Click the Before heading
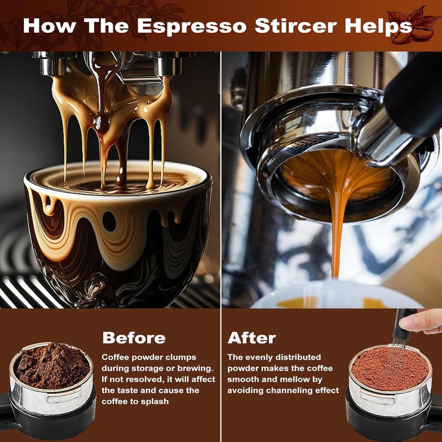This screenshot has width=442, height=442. click(x=134, y=338)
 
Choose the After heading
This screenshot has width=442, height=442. click(x=252, y=338)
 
